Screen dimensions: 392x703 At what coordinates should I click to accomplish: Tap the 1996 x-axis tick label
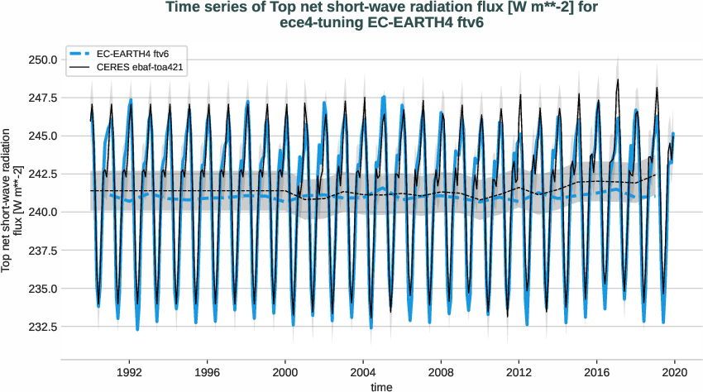point(208,372)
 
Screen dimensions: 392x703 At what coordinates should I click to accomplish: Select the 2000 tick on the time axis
point(285,372)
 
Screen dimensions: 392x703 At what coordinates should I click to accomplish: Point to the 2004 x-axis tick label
point(363,372)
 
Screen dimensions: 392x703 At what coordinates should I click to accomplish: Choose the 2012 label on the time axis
point(519,372)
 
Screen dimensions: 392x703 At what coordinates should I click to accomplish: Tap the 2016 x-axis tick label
point(596,372)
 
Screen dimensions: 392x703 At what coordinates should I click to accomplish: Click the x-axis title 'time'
point(381,385)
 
